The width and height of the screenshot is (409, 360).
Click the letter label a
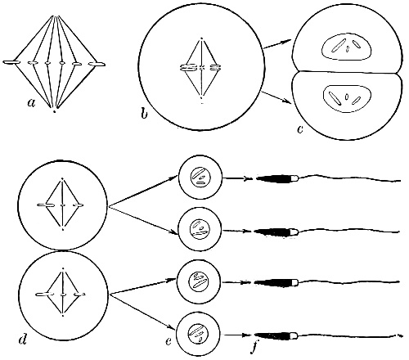32,102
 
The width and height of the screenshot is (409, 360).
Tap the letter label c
300,129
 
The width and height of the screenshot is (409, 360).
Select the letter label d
23,340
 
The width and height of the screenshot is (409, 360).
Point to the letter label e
169,341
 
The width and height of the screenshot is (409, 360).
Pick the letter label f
254,348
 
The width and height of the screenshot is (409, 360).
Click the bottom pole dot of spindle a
54,111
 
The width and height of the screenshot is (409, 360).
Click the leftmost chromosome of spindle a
11,63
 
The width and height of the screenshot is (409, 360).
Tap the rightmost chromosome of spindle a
97,64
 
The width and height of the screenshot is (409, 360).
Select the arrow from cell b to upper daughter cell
277,44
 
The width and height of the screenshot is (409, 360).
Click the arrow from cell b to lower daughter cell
276,97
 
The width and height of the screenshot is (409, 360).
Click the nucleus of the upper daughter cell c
346,47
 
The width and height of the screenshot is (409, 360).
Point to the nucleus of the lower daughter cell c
347,98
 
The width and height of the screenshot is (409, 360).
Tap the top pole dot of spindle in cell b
201,38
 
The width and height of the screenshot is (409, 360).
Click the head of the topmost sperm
277,178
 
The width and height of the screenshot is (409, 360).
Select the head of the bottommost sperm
276,335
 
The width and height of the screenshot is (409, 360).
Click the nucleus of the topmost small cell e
200,178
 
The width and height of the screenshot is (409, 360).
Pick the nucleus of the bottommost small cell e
198,334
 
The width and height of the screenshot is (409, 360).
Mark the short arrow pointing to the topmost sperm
236,179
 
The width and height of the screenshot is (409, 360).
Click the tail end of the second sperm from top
400,232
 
